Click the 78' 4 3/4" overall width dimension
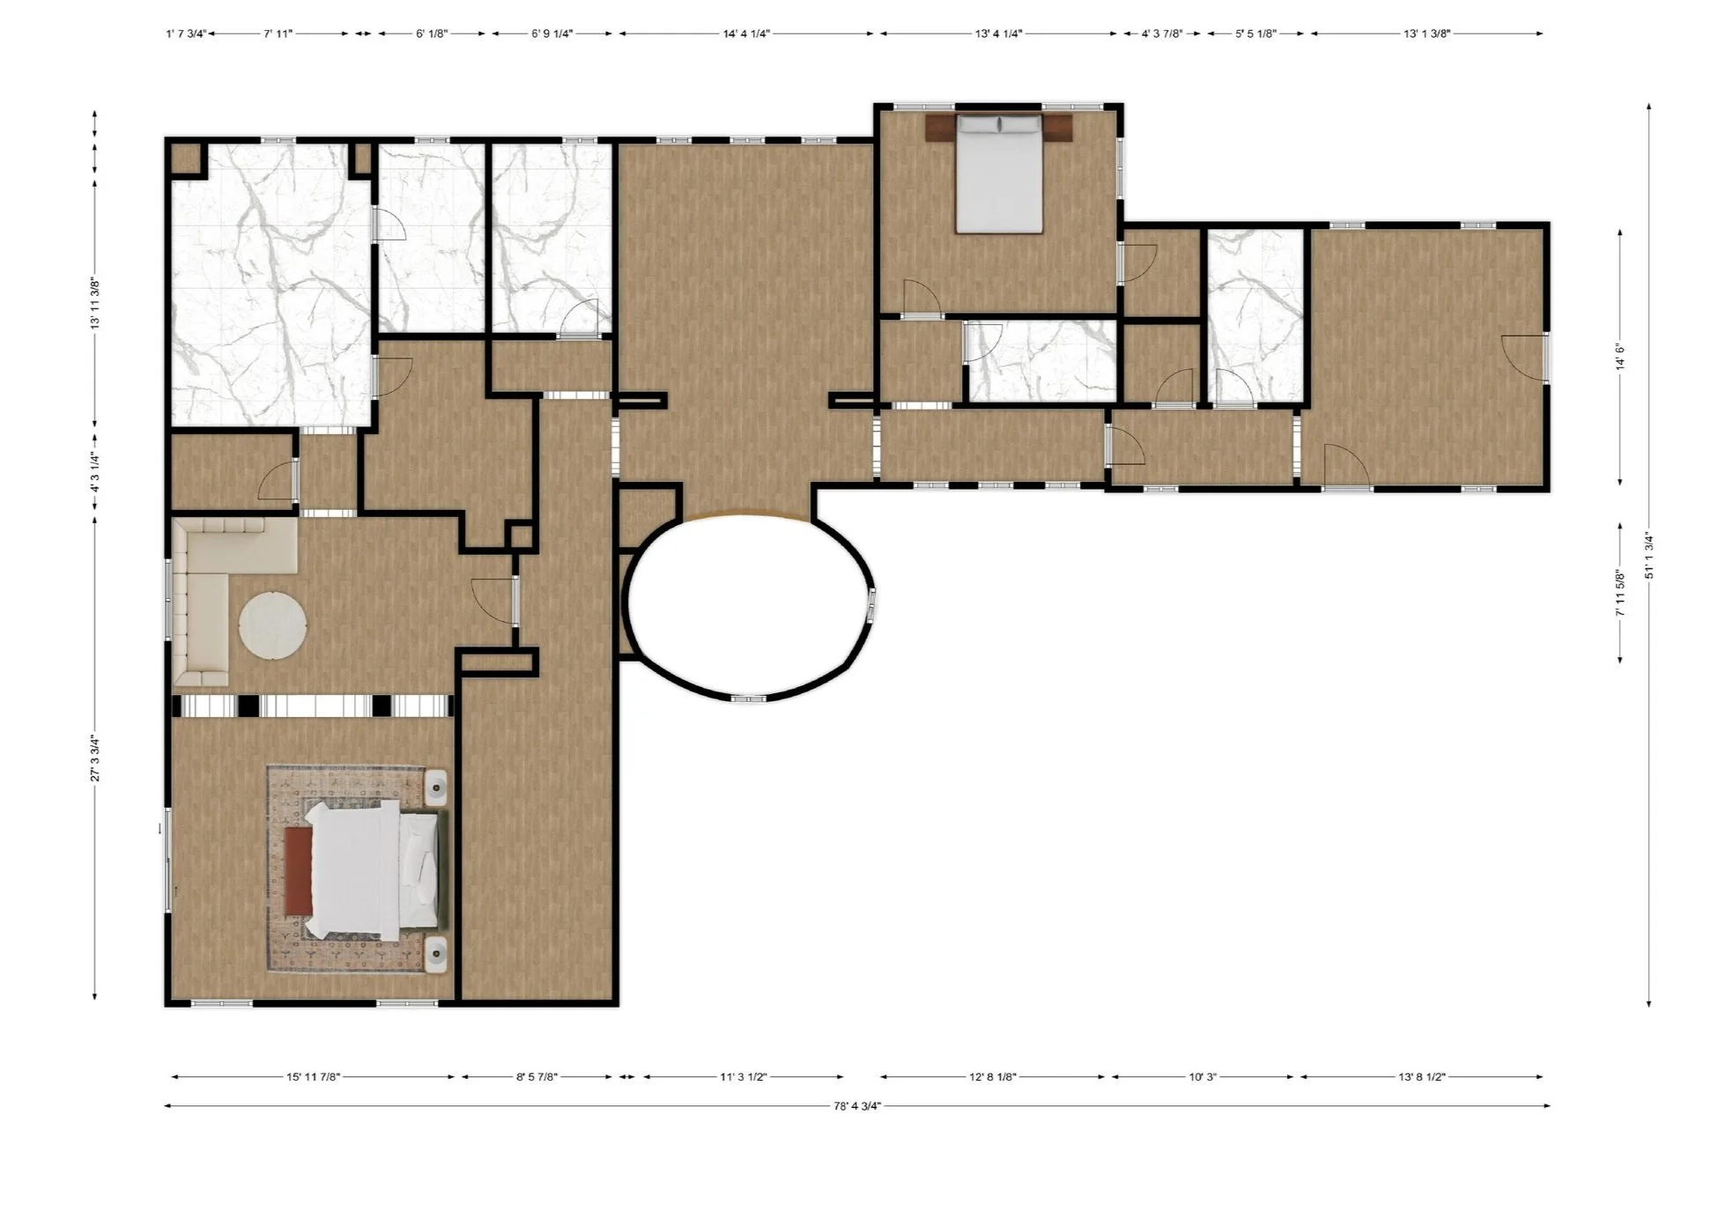(x=857, y=1106)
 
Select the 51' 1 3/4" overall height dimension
(x=1649, y=556)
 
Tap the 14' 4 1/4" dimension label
(x=746, y=33)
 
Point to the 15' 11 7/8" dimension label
(x=313, y=1076)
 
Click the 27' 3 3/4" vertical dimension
(x=94, y=758)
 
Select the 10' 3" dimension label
(x=1203, y=1076)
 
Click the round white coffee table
(x=273, y=624)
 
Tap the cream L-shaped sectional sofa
(x=220, y=581)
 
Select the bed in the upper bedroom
(x=999, y=174)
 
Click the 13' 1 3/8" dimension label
(x=1426, y=33)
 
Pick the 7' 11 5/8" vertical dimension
(x=1620, y=592)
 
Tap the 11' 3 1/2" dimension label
(x=743, y=1076)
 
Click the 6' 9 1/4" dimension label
(x=552, y=33)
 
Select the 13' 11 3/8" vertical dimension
(x=94, y=304)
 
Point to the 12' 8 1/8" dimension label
(x=993, y=1076)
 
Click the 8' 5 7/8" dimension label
(x=537, y=1076)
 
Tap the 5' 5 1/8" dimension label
(x=1255, y=33)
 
